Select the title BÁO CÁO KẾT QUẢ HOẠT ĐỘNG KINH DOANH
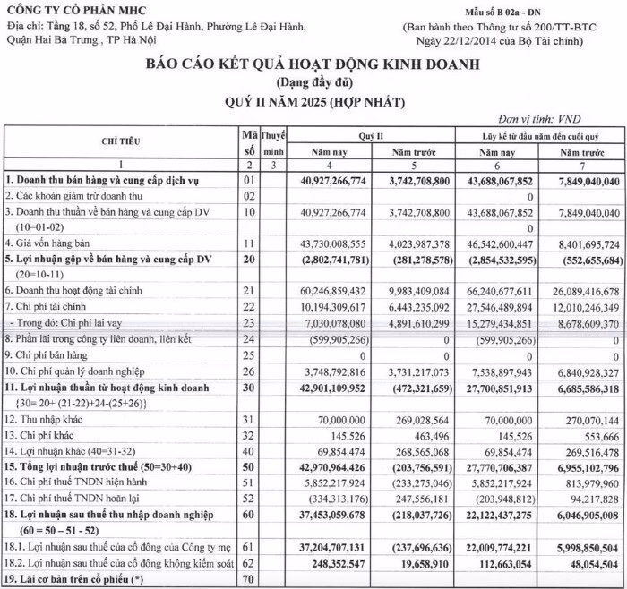click(x=313, y=64)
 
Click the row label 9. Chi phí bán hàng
click(x=56, y=356)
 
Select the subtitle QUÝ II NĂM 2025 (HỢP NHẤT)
click(x=313, y=101)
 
